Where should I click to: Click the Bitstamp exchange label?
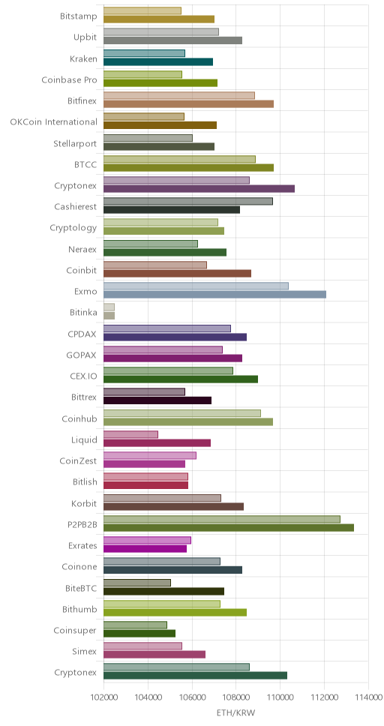tap(79, 16)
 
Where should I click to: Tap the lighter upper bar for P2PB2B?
tap(222, 520)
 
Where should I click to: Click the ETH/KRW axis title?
tap(235, 712)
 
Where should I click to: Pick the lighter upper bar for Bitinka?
tap(109, 307)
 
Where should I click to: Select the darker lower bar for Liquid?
tap(157, 443)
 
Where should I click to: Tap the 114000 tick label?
tap(368, 698)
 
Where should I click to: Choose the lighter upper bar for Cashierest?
tap(188, 202)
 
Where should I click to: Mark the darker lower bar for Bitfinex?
tap(188, 103)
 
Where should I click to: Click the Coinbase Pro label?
tap(70, 79)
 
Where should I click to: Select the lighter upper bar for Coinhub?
tap(182, 413)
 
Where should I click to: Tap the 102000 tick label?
tap(103, 698)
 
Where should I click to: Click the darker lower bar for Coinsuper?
tap(139, 634)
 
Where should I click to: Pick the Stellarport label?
tap(76, 143)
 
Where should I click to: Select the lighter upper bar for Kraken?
tap(144, 53)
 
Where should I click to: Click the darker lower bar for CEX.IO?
tap(181, 379)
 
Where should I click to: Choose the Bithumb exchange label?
tap(79, 609)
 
